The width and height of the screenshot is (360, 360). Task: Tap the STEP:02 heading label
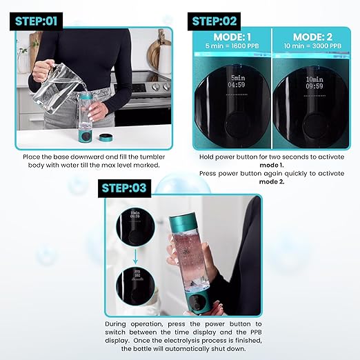[x=215, y=21]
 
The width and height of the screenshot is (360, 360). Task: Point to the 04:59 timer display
[x=237, y=86]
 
